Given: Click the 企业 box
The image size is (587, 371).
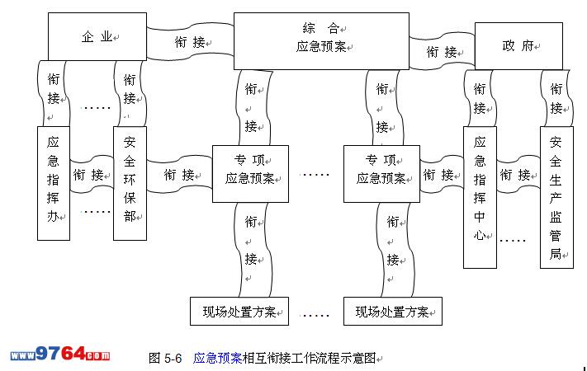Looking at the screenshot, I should coord(97,36).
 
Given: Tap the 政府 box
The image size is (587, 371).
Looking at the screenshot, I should coord(518,45).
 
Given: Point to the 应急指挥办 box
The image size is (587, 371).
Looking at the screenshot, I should coord(54,182).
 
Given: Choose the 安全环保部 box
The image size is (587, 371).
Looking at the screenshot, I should coord(130,182).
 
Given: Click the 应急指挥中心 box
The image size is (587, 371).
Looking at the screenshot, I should coord(480,196).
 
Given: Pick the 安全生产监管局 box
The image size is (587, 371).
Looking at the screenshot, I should coord(556,196).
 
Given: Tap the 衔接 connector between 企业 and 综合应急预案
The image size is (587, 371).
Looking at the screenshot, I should coord(190,40).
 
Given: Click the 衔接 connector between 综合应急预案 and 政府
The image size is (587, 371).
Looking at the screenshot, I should coord(442,51).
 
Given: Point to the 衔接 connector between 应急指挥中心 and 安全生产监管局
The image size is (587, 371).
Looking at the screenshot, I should coord(518,175).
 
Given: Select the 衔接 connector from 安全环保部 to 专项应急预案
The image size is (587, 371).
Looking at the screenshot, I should coord(179,175).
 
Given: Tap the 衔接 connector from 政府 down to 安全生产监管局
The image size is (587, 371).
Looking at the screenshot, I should coord(556,97).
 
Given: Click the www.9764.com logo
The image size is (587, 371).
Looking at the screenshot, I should coord(59,355).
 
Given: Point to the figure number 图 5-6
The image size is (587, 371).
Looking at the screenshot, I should coord(165,358).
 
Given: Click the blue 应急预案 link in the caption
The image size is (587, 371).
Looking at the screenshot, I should coord(217,358).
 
